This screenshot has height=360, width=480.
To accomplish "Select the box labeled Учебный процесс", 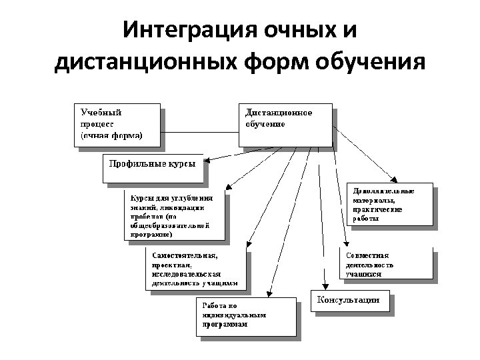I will coord(117,124).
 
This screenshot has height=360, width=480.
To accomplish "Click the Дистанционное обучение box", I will coord(285,123).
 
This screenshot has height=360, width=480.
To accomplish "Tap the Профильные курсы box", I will coord(151,169).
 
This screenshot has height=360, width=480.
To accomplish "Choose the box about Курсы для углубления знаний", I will coord(174,216).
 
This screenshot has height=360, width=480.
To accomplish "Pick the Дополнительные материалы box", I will coord(391,205).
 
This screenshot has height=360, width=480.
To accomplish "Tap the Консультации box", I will coord(348,301).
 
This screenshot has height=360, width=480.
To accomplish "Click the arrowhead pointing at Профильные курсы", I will coord(207,161).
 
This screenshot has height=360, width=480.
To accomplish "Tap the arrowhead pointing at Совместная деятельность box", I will coord(346,244).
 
